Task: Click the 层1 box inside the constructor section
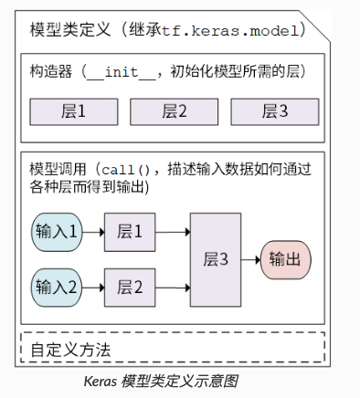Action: [x=72, y=111]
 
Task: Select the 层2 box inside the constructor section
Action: [x=172, y=111]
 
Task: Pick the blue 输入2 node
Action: [x=58, y=287]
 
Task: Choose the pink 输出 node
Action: [x=285, y=259]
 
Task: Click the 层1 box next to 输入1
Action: [x=130, y=230]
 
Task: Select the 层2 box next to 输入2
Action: [x=130, y=287]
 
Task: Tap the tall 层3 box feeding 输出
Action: [x=216, y=258]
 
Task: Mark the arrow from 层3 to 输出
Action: [x=250, y=259]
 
